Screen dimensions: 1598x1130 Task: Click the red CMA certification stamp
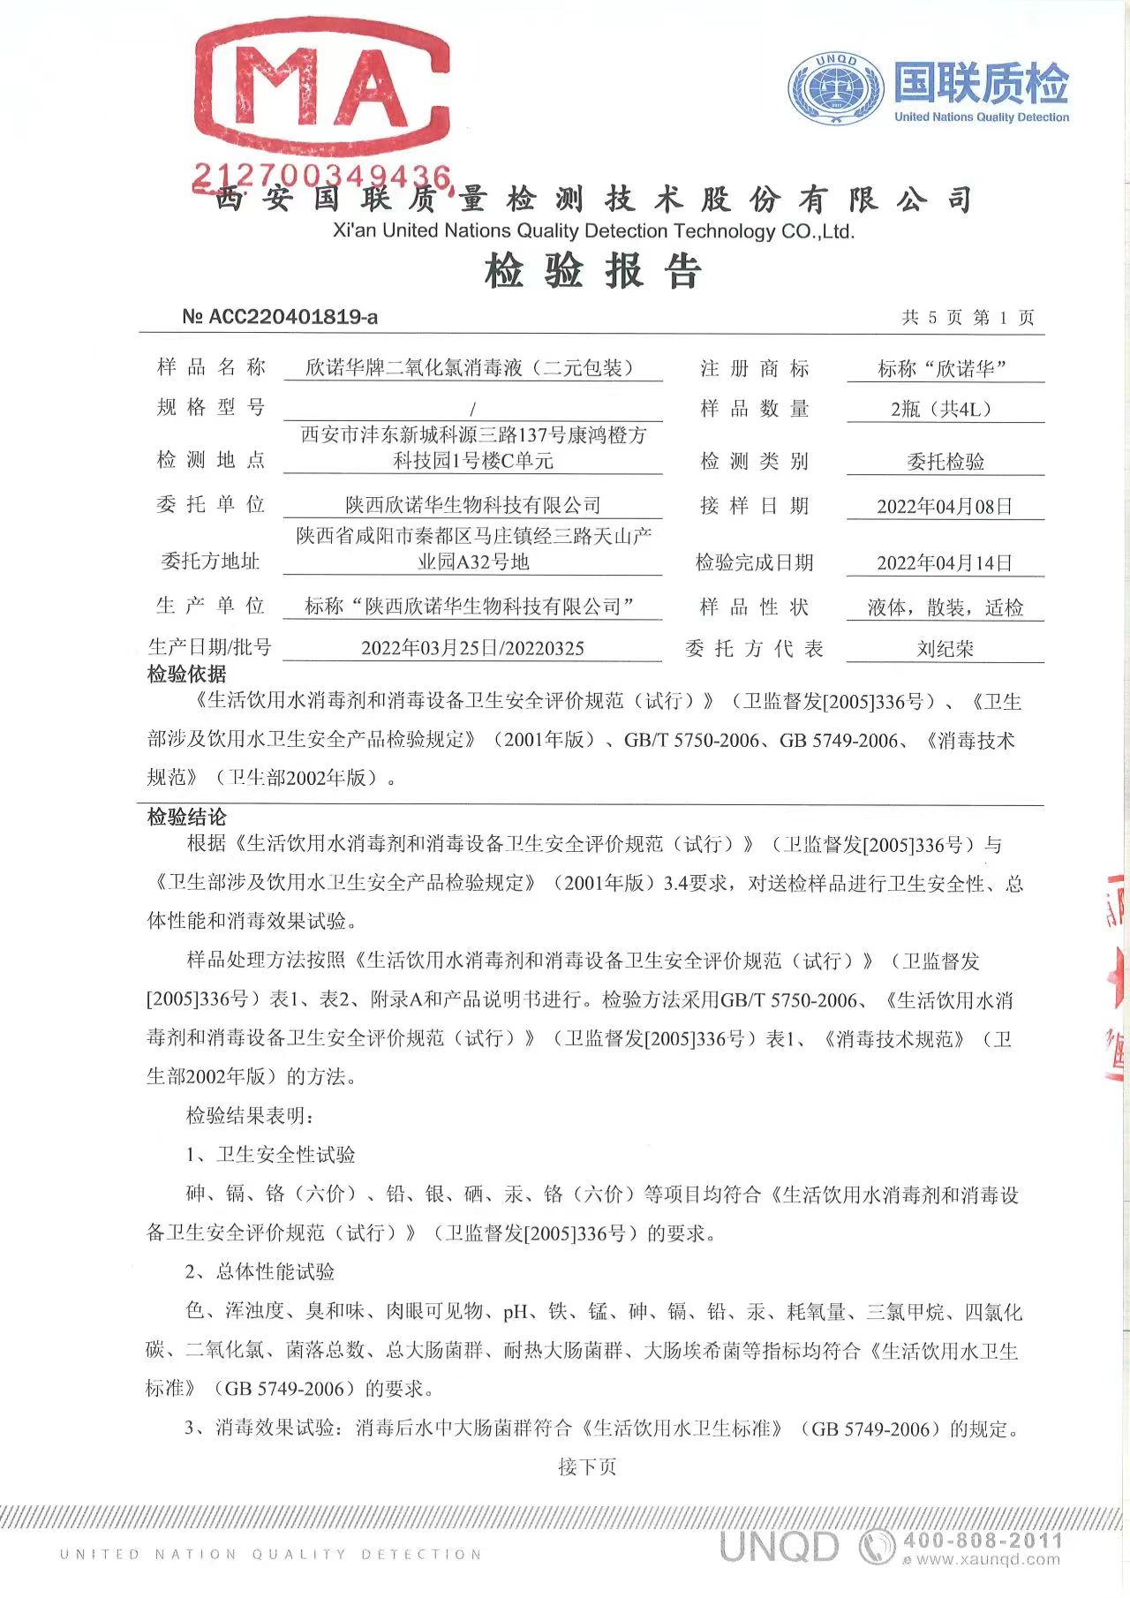322,88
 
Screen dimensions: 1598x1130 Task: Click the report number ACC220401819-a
280,316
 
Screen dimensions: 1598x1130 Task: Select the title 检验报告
593,270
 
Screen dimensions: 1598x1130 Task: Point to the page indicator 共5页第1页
968,318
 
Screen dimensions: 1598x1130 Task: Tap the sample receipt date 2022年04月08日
945,507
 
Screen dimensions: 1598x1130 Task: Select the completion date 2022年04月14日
945,563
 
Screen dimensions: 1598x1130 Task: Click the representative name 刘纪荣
945,650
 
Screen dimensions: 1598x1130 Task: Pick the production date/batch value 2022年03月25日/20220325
472,648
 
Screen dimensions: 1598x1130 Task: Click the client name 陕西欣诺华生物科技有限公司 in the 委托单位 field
472,505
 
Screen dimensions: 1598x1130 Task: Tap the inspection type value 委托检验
945,462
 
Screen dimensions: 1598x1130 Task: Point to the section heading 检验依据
186,675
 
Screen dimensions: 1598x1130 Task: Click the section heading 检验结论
186,818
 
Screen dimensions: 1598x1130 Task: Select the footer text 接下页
587,1467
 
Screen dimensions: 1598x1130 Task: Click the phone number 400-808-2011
982,1541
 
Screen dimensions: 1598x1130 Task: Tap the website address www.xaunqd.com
987,1560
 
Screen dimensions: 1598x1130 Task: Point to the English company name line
593,231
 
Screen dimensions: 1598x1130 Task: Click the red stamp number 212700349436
322,176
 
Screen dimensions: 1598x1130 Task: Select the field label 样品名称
211,367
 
